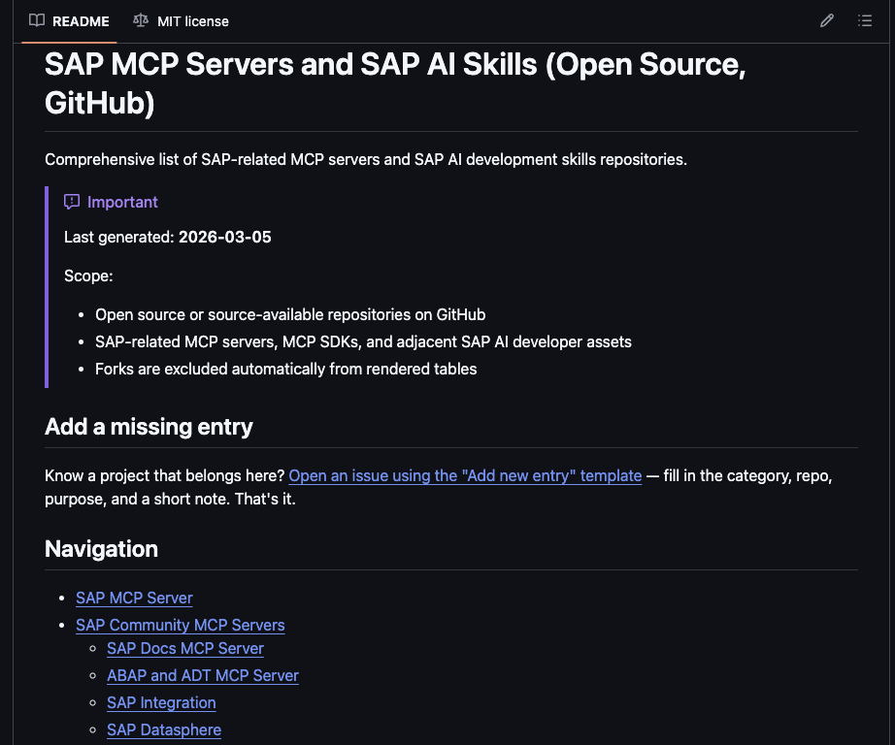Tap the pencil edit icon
(827, 20)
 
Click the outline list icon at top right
(865, 20)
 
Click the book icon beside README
(37, 20)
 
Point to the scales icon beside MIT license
(142, 20)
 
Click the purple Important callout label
(122, 202)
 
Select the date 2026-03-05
(224, 238)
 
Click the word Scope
(87, 276)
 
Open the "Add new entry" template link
(465, 475)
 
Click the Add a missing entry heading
(149, 427)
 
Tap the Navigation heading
(101, 549)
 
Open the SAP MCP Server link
(134, 598)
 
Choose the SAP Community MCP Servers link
(181, 625)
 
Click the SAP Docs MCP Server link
(185, 648)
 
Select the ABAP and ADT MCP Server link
(203, 675)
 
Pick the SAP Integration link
(161, 702)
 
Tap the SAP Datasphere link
(164, 729)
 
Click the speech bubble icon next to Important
(72, 202)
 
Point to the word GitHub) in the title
(100, 102)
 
